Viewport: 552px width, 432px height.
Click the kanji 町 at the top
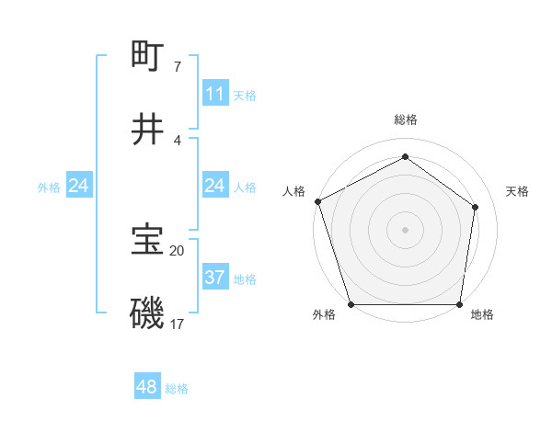click(x=148, y=57)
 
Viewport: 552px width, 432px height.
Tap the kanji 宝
click(x=148, y=241)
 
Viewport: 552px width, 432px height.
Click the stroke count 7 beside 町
click(x=178, y=66)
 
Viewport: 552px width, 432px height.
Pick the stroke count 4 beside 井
click(x=178, y=140)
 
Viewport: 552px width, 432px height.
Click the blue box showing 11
click(x=214, y=94)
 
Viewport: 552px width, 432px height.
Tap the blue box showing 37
click(x=214, y=278)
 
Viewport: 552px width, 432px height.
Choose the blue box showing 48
click(x=147, y=388)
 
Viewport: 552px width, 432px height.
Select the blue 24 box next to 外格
click(x=78, y=187)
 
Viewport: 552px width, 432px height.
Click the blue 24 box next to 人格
click(x=214, y=187)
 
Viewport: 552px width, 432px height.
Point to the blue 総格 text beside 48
click(x=177, y=389)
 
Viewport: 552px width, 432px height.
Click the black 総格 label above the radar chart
click(x=405, y=119)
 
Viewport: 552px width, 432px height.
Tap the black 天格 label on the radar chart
click(x=518, y=191)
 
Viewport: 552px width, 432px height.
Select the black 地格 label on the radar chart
click(x=482, y=314)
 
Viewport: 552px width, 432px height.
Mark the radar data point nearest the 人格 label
click(x=317, y=201)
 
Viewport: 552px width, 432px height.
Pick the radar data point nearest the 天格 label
click(x=476, y=207)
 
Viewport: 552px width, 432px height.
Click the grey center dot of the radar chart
click(x=405, y=229)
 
